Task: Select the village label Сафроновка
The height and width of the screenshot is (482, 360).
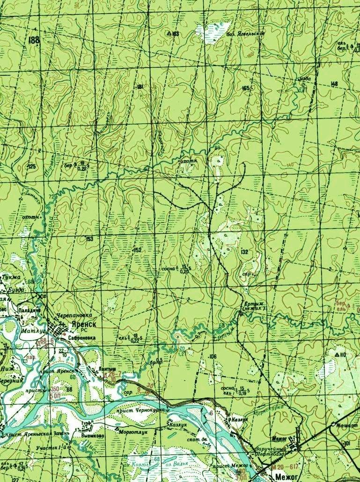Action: coord(82,336)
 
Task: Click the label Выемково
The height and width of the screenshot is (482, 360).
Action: coord(92,435)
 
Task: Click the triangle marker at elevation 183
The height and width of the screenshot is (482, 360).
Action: coord(169,34)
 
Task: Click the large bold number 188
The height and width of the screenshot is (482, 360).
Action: coord(34,40)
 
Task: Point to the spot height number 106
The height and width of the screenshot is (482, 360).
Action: coord(213,357)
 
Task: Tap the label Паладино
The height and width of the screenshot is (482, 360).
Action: coord(27,310)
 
